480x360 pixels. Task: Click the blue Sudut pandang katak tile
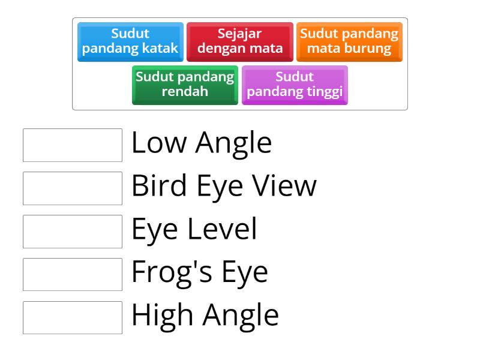pos(130,42)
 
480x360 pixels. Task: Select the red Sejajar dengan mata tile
pos(240,42)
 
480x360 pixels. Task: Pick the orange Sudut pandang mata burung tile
pos(349,42)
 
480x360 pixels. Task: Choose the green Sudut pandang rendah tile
pos(185,85)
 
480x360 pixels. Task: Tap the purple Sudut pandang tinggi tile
pos(295,85)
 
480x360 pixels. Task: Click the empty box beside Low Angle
pos(73,145)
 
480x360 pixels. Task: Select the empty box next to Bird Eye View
pos(73,188)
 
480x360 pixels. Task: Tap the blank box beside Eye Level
pos(73,232)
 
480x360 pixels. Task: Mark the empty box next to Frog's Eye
pos(73,275)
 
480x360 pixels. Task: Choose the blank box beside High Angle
pos(73,318)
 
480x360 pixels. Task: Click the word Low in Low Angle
pos(159,142)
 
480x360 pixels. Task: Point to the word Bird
pos(159,185)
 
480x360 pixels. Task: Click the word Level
pos(222,229)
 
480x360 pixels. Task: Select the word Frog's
pos(172,272)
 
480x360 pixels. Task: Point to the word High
pos(163,316)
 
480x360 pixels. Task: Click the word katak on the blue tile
pos(160,48)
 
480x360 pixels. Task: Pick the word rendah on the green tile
pos(185,91)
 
